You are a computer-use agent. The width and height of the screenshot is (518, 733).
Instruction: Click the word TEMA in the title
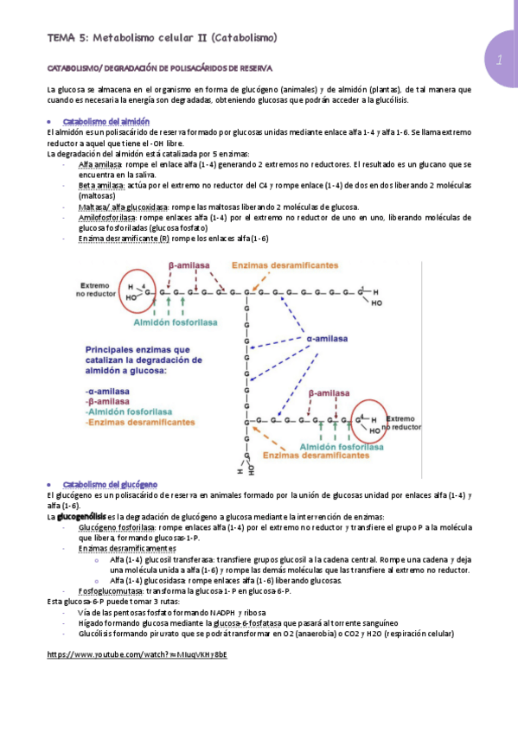(61, 38)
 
